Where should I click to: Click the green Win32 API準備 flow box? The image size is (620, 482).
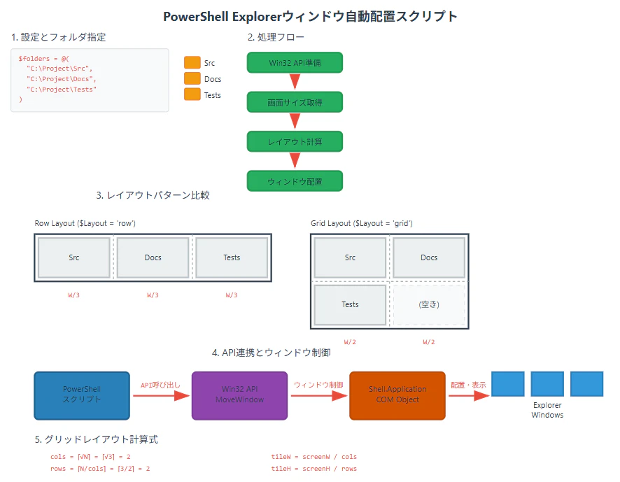pos(295,62)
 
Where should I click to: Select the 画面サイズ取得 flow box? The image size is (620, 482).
pos(295,102)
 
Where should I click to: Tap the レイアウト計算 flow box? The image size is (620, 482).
pos(295,141)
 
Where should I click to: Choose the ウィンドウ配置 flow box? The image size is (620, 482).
pos(295,181)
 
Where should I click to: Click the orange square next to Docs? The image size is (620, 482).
pos(192,78)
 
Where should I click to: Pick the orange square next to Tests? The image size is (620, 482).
pos(192,94)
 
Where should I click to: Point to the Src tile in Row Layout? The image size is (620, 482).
pos(74,257)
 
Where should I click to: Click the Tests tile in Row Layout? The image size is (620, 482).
pos(232,257)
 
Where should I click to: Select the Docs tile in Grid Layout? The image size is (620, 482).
pos(429,257)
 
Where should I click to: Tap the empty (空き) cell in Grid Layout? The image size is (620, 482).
pos(429,304)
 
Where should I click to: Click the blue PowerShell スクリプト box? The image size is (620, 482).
pos(82,395)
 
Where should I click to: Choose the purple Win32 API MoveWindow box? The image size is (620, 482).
pos(239,395)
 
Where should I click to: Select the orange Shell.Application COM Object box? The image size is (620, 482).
pos(397,395)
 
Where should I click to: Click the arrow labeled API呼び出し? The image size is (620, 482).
pos(161,395)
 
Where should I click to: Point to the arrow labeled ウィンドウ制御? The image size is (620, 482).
pos(318,395)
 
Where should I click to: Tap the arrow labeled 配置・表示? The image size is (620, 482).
pos(469,395)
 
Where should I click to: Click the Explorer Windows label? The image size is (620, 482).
pos(547,410)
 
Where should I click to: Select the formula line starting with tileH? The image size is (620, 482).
pos(314,469)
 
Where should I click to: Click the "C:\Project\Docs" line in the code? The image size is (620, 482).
pos(62,79)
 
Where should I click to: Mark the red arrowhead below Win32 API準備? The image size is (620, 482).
pos(295,81)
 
